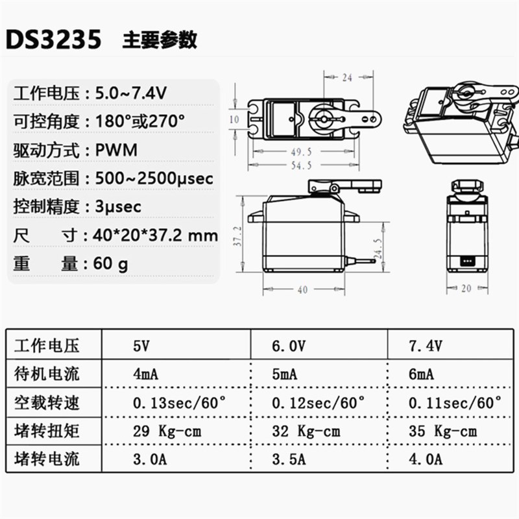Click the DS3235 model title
click(54, 40)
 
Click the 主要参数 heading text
click(160, 40)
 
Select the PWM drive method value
click(117, 150)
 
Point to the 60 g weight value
click(112, 263)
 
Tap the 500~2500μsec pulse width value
click(154, 178)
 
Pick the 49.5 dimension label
click(302, 151)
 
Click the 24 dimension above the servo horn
click(346, 78)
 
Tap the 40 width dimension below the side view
click(302, 290)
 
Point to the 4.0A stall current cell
click(425, 459)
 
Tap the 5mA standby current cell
click(285, 374)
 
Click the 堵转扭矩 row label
click(47, 431)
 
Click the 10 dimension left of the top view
click(235, 119)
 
